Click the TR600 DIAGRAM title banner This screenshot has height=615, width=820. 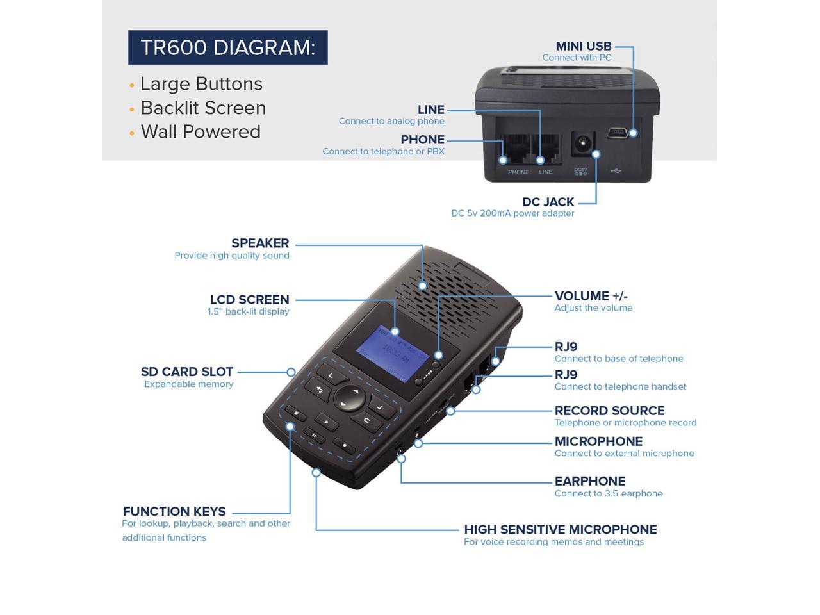coord(227,47)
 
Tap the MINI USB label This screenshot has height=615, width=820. coord(583,46)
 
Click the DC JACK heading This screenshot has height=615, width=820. coord(548,202)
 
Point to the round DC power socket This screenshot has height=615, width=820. coord(582,143)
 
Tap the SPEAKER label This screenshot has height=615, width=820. coord(259,243)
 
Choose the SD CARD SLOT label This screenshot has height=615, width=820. coord(186,372)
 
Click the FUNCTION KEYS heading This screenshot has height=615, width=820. coord(174,511)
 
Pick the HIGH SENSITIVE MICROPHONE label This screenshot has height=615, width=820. coord(560,530)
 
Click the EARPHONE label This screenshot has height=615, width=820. coord(589,481)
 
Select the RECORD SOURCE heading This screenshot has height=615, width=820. coord(609,411)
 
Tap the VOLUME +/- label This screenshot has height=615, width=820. coord(591,296)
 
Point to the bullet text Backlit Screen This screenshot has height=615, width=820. coord(203,108)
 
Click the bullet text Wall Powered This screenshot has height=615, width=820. coord(201,131)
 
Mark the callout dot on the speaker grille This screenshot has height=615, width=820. coord(422,285)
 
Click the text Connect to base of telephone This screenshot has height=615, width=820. coord(618,359)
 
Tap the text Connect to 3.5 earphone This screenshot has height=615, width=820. coord(608,493)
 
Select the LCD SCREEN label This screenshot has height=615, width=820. coord(249,300)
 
